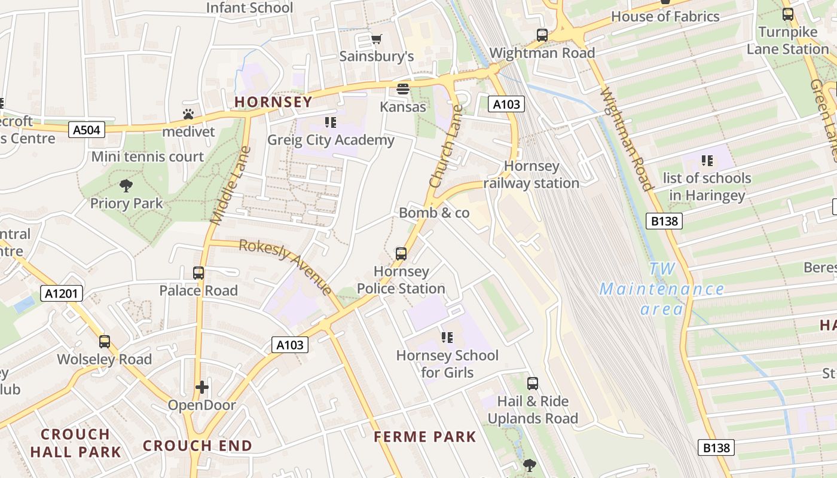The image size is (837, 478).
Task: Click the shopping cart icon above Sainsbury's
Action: (376, 39)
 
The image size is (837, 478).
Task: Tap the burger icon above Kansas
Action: (402, 90)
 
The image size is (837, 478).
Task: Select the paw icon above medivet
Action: (188, 114)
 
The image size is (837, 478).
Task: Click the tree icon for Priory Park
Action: (126, 186)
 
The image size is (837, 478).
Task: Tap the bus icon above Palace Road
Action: (198, 273)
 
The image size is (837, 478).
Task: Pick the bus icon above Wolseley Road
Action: (105, 342)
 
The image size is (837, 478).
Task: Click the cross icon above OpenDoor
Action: (202, 387)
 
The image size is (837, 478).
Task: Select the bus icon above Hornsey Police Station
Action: (401, 254)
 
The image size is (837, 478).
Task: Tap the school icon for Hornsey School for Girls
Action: (447, 338)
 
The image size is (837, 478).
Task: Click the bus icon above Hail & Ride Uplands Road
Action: (533, 384)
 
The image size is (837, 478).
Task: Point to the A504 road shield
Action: (87, 130)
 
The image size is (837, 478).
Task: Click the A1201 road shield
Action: (62, 293)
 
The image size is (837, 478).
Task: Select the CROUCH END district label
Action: (197, 446)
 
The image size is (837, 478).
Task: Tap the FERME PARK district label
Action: (425, 437)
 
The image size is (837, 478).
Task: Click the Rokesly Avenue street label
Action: (286, 267)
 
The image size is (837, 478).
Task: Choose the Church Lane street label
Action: (446, 146)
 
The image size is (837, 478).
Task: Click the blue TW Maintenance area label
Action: (662, 290)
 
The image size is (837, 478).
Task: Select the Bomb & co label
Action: (434, 213)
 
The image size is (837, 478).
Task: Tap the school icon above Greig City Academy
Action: (331, 123)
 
